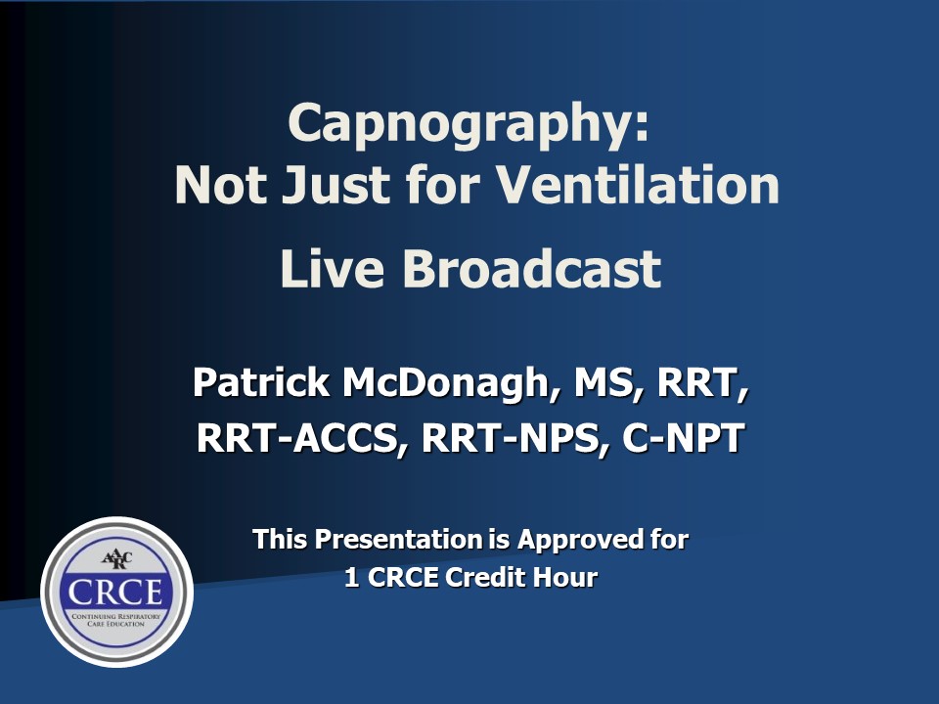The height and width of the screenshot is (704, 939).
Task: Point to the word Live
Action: point(332,268)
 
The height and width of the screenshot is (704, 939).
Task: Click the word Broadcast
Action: point(532,268)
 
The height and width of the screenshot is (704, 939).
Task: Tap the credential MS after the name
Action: point(601,382)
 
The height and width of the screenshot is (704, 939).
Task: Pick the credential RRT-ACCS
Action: point(297,438)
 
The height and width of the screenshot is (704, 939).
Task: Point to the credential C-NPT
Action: point(684,437)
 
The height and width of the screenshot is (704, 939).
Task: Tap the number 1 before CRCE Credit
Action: point(351,578)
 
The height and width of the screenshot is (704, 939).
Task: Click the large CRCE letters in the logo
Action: point(115,592)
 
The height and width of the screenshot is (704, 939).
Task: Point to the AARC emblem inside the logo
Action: point(116,559)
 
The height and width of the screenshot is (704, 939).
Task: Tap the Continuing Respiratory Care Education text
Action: point(116,620)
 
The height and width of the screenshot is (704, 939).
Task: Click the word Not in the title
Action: point(220,185)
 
